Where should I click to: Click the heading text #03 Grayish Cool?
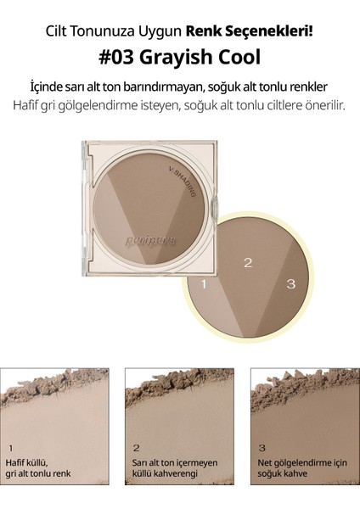click(180, 57)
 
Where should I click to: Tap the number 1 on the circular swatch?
click(205, 286)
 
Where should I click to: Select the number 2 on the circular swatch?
click(248, 263)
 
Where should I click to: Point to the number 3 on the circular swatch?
click(290, 286)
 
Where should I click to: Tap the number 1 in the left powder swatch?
click(10, 446)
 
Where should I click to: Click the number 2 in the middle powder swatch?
click(137, 446)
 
